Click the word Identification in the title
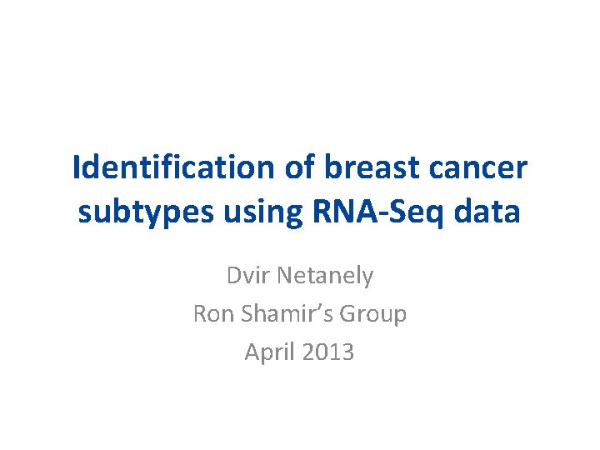[x=172, y=168]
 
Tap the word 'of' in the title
[x=297, y=168]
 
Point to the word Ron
[x=212, y=314]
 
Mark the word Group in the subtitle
[x=374, y=315]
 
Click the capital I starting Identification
[x=77, y=168]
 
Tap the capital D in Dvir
[x=232, y=275]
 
